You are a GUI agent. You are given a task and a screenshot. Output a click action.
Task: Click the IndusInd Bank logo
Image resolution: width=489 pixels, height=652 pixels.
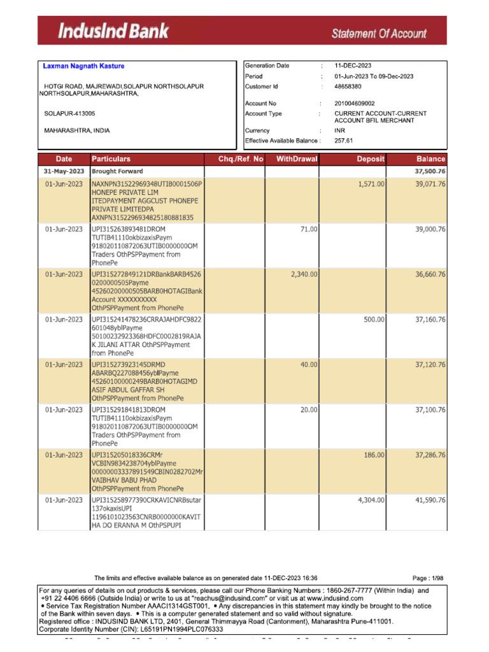click(x=115, y=31)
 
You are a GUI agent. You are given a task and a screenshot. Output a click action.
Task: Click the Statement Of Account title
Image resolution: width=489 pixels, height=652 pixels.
click(x=378, y=32)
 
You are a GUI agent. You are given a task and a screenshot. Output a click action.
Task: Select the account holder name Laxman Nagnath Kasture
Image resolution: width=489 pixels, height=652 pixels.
click(x=83, y=66)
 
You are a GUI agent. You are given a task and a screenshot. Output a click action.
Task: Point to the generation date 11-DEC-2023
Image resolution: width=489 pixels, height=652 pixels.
click(x=353, y=66)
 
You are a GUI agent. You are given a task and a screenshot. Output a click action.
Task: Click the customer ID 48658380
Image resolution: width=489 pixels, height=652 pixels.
click(x=348, y=86)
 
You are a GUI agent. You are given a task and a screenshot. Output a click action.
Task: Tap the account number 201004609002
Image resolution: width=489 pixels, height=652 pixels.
click(x=355, y=103)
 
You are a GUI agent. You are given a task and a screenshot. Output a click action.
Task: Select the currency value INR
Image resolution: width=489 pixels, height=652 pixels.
click(x=339, y=131)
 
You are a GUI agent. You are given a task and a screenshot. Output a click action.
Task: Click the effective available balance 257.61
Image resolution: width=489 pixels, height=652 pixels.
click(x=343, y=141)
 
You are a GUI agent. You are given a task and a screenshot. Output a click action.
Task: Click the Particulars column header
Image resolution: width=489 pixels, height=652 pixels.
click(x=111, y=159)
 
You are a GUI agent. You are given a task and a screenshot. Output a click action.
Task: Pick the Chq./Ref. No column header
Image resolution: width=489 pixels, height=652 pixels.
click(x=236, y=159)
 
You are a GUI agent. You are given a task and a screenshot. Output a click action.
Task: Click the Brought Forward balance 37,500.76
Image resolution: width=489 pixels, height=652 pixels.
click(x=430, y=171)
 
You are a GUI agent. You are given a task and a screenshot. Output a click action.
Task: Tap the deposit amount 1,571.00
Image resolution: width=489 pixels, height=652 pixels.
click(x=371, y=183)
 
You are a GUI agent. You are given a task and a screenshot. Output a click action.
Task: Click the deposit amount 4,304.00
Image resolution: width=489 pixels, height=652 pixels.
click(x=371, y=500)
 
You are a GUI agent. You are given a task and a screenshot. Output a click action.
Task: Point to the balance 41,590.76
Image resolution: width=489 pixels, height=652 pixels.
click(x=430, y=500)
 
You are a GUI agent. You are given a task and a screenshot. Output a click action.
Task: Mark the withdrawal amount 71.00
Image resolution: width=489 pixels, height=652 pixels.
click(x=309, y=229)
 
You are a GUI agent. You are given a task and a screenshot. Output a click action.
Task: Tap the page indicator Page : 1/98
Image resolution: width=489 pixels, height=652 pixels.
click(x=428, y=578)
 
